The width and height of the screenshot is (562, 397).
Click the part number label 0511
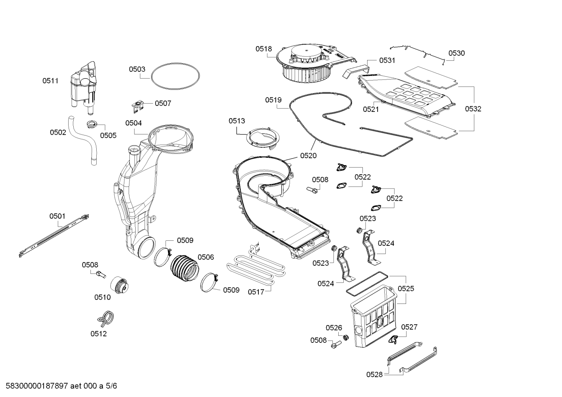pyautogui.click(x=50, y=81)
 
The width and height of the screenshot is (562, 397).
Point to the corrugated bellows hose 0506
pyautogui.click(x=185, y=268)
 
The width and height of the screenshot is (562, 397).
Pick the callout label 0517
pyautogui.click(x=256, y=292)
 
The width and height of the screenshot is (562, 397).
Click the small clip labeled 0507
pyautogui.click(x=138, y=104)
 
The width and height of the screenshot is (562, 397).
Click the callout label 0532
pyautogui.click(x=473, y=109)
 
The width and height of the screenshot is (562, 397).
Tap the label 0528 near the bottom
pyautogui.click(x=374, y=374)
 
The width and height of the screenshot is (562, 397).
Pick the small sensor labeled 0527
pyautogui.click(x=393, y=339)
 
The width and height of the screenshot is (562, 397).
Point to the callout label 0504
pyautogui.click(x=133, y=123)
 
